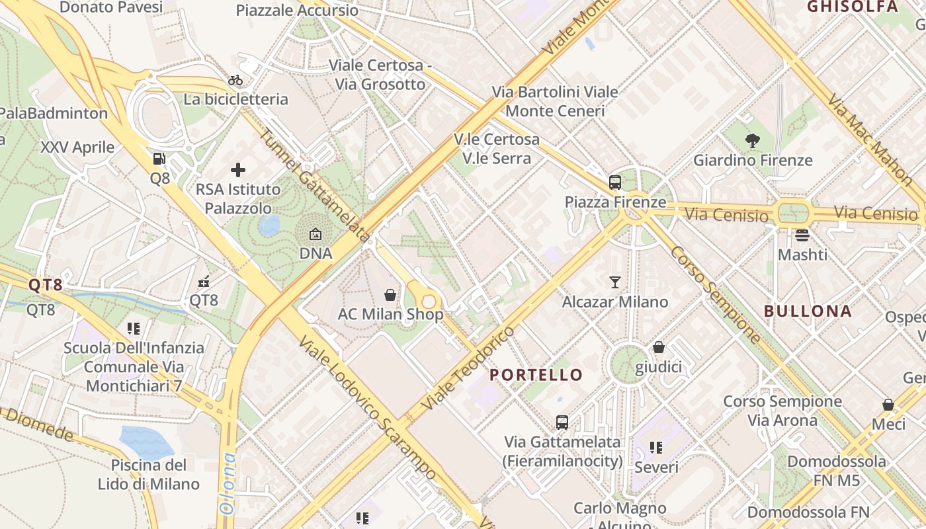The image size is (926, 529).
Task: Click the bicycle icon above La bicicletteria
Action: click(235, 80)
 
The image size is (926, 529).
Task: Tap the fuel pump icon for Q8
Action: click(159, 159)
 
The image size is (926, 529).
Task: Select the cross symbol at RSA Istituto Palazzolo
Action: click(238, 170)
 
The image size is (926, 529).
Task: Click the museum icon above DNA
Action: click(316, 234)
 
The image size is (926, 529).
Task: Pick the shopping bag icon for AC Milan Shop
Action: click(390, 294)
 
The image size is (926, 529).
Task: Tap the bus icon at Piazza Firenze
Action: click(615, 183)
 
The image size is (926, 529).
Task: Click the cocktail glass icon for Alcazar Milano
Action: click(615, 282)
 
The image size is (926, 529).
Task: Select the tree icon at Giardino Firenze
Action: click(752, 140)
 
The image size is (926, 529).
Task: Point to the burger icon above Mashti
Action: click(802, 235)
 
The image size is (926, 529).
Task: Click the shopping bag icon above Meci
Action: click(888, 404)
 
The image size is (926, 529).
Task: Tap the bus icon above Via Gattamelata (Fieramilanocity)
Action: click(562, 422)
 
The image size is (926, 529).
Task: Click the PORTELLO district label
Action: click(536, 375)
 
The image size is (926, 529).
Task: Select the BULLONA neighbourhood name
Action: click(808, 311)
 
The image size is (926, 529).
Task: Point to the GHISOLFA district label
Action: click(853, 7)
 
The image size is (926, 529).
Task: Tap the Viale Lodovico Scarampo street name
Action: click(367, 407)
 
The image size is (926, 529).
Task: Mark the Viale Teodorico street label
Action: click(467, 366)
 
